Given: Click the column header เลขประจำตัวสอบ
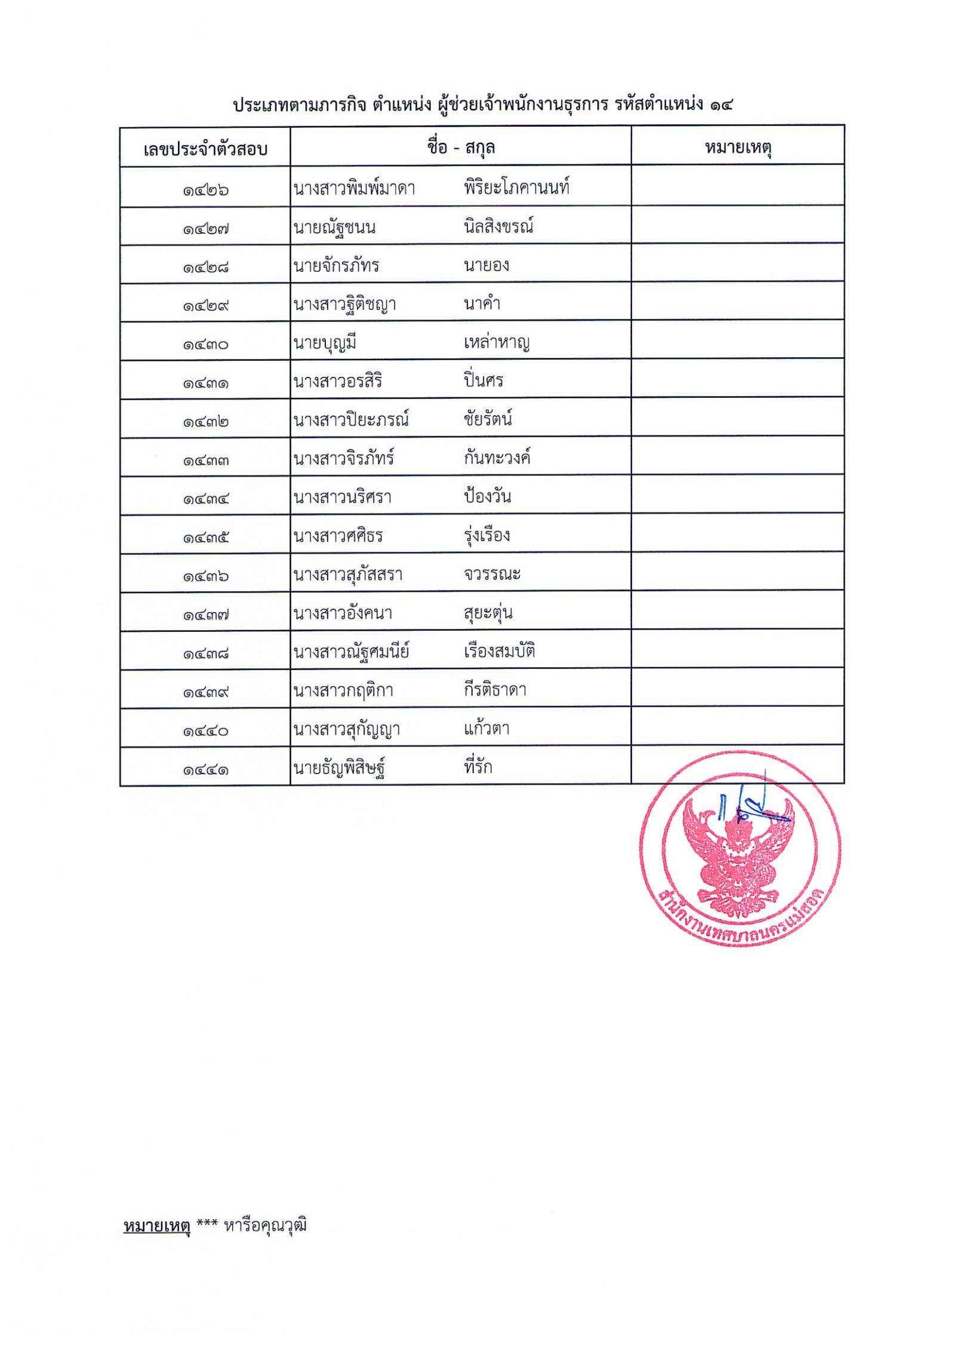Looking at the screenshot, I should (205, 148).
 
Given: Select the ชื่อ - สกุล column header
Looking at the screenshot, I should (460, 147).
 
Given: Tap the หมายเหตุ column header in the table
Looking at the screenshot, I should (738, 147).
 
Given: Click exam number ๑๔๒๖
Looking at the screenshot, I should (205, 191).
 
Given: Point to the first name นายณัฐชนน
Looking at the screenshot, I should (334, 228).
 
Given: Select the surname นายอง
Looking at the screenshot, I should (486, 265).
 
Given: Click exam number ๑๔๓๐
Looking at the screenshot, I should (205, 345).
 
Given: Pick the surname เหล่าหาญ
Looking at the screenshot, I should (497, 342).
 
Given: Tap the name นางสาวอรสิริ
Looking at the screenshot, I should (337, 381).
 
